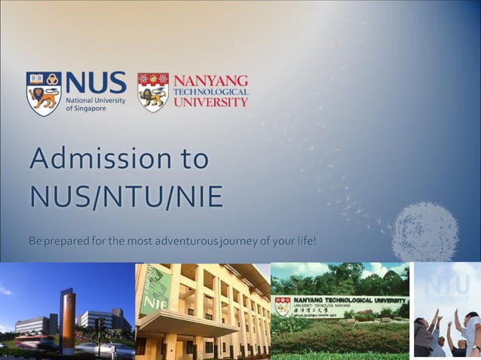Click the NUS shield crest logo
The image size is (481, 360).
pos(44,93)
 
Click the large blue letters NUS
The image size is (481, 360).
pos(95,84)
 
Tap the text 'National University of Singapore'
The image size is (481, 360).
pos(95,104)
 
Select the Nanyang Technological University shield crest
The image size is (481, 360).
pos(153,93)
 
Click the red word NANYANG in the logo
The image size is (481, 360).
pos(211,80)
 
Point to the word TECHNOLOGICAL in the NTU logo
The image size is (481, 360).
pos(211,91)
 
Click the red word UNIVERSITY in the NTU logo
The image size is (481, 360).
pos(211,102)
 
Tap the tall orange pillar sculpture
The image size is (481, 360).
pos(68,321)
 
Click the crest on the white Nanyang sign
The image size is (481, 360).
pos(282,306)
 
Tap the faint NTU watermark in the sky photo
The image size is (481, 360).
pos(446,287)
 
